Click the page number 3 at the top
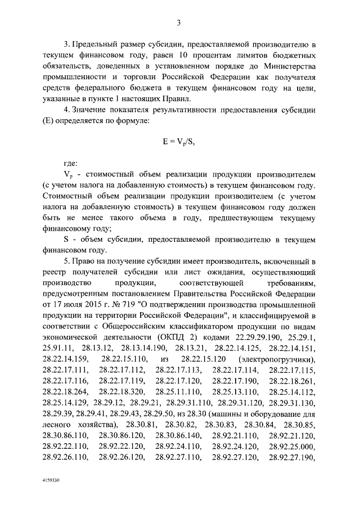coord(178,23)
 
